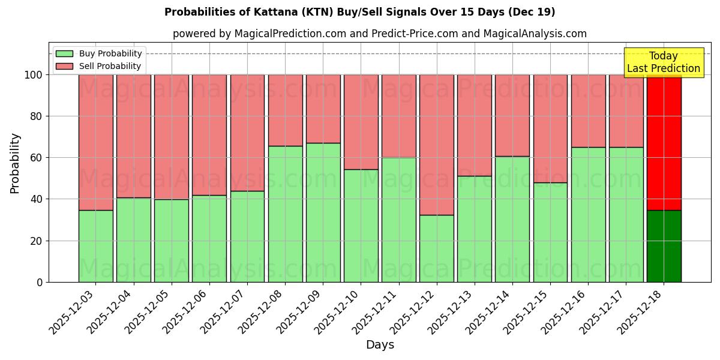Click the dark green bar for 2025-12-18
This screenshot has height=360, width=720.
tap(664, 246)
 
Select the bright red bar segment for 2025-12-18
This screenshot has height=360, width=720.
tap(664, 142)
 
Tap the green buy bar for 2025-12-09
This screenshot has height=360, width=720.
tap(323, 212)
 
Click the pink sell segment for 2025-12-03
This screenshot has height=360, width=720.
tap(95, 142)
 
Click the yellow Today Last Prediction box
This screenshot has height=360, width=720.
tap(664, 62)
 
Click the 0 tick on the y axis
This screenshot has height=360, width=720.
tap(40, 282)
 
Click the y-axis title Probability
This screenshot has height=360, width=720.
tap(15, 163)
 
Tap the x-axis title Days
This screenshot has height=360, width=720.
tap(380, 345)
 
